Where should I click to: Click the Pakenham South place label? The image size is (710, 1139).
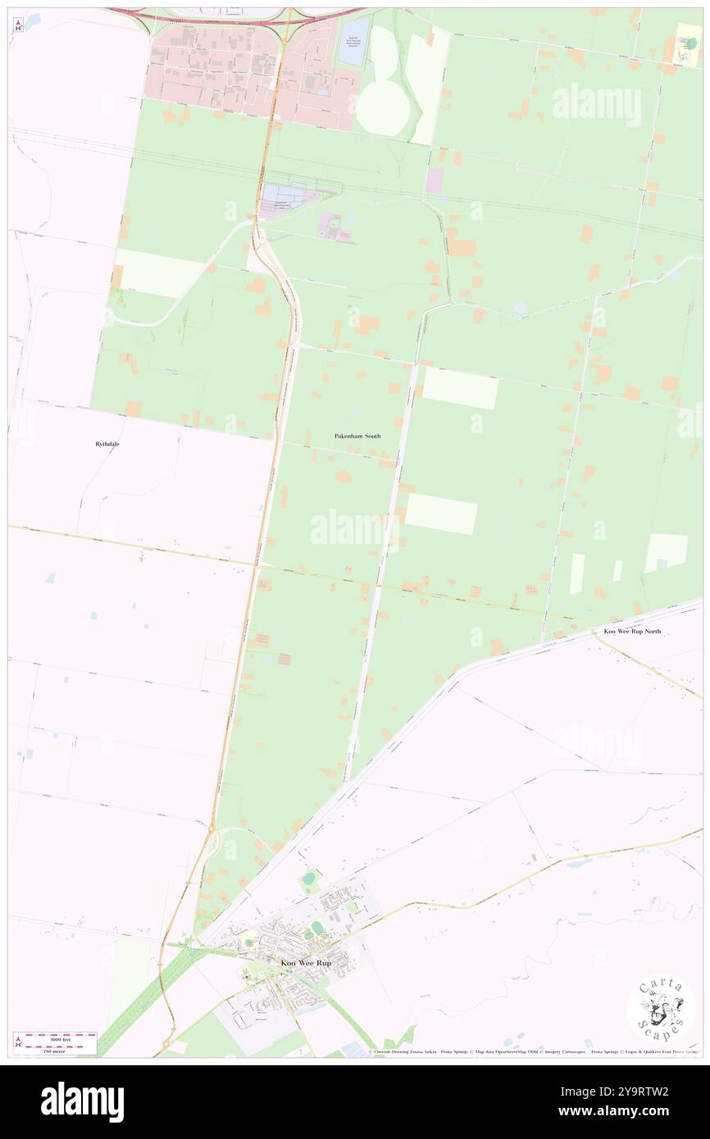coord(357,436)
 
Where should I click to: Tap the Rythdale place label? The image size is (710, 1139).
coord(107,443)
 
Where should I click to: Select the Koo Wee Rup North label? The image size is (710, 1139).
coord(631,631)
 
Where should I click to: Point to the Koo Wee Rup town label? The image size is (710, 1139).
coord(306,963)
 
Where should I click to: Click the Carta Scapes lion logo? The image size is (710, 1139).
coord(661,1010)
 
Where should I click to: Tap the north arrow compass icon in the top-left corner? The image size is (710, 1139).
coord(17,24)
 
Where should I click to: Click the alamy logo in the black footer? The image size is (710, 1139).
coord(83,1101)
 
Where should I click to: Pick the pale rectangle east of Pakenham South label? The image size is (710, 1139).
coord(460,389)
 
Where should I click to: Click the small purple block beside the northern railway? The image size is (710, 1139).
coord(433,181)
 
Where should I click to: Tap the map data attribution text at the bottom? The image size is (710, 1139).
coord(533,1051)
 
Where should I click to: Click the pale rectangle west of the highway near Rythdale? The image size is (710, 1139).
coord(159,275)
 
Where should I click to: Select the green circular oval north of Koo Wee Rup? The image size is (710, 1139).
coord(308,879)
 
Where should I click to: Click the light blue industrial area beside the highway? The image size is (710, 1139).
coord(281,196)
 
